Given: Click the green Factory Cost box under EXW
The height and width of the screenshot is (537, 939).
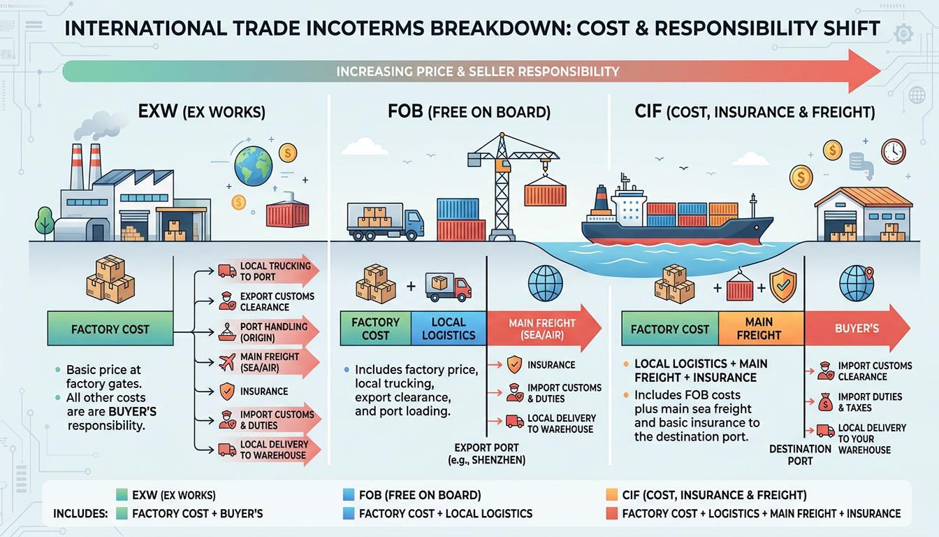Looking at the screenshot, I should click(x=110, y=329).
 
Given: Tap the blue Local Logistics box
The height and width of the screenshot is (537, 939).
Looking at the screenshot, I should click(x=448, y=329).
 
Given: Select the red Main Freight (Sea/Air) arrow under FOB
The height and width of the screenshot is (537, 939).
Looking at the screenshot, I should click(x=542, y=329).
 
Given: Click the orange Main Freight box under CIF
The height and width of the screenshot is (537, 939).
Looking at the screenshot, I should click(x=758, y=329).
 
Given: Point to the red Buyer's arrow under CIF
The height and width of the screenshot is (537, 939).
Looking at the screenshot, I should click(x=857, y=327).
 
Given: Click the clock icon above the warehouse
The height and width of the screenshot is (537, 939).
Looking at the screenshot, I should click(x=893, y=152).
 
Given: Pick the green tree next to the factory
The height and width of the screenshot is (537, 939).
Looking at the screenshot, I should click(x=45, y=220).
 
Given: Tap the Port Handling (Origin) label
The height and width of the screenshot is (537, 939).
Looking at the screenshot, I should click(x=273, y=331).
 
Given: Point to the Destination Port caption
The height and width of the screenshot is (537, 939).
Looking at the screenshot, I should click(x=800, y=454).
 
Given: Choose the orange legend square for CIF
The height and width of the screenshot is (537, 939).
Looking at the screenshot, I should click(x=612, y=495).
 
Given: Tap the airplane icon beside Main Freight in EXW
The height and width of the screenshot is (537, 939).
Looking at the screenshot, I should click(x=226, y=361).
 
